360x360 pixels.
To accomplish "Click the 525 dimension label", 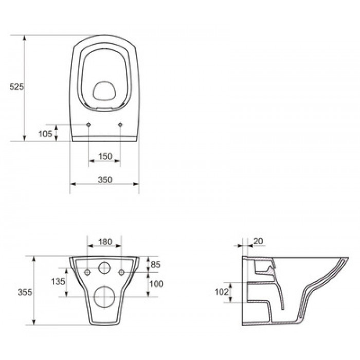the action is (x=16, y=86).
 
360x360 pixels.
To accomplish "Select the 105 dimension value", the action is (x=45, y=134).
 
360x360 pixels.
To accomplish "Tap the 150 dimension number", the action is (x=105, y=156).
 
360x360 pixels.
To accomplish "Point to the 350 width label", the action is (x=105, y=179).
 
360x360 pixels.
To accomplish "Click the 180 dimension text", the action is (x=105, y=242).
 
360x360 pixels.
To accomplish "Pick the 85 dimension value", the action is (x=155, y=264).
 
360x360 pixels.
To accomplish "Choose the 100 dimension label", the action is (x=156, y=284).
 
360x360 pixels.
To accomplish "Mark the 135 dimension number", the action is (x=58, y=281).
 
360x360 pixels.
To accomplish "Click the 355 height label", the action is (x=25, y=292).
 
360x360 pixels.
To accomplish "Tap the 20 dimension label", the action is (x=258, y=241).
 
